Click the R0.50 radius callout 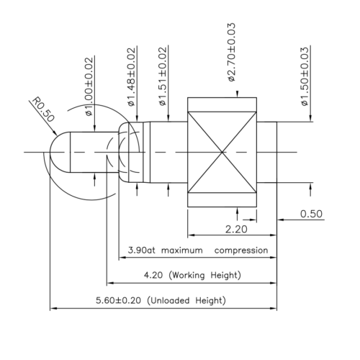coord(41,114)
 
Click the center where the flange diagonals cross coord(223,152)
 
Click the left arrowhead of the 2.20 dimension coord(191,235)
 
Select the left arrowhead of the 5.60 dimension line coord(53,309)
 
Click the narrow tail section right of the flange coord(267,152)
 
